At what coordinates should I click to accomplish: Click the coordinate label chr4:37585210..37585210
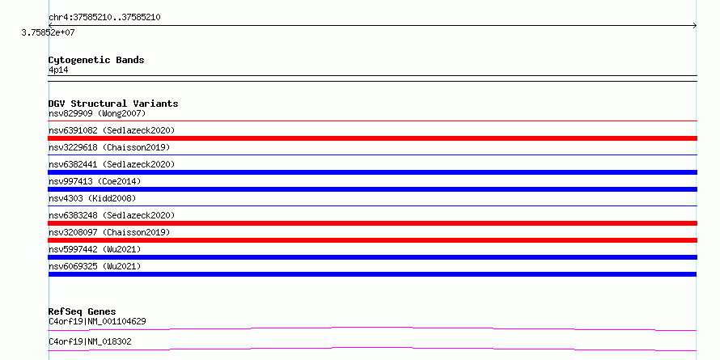(x=104, y=18)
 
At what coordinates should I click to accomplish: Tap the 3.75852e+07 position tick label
(x=48, y=33)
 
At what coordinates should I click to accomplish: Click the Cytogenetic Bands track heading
(x=96, y=60)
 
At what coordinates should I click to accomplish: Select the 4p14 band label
(x=58, y=70)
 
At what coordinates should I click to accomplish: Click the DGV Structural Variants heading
(x=113, y=104)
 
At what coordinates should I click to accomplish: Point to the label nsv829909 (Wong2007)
(x=97, y=113)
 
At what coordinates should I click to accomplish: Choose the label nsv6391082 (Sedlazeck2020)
(x=112, y=130)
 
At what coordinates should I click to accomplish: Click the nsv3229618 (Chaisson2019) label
(x=109, y=147)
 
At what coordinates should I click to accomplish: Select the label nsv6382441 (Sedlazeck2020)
(x=112, y=164)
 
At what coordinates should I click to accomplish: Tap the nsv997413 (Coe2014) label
(x=95, y=181)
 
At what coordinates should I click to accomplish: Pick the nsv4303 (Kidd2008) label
(x=92, y=198)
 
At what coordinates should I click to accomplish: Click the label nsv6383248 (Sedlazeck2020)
(x=112, y=215)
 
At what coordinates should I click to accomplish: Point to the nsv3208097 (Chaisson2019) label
(x=109, y=232)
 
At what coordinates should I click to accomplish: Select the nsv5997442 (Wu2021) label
(x=95, y=249)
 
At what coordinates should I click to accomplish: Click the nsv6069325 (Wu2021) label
(x=95, y=266)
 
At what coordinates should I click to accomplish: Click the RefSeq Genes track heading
(x=83, y=311)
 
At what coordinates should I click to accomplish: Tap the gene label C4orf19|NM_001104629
(x=97, y=321)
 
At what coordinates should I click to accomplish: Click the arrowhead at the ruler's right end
(x=695, y=26)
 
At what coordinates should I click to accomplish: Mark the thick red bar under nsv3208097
(x=372, y=240)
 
